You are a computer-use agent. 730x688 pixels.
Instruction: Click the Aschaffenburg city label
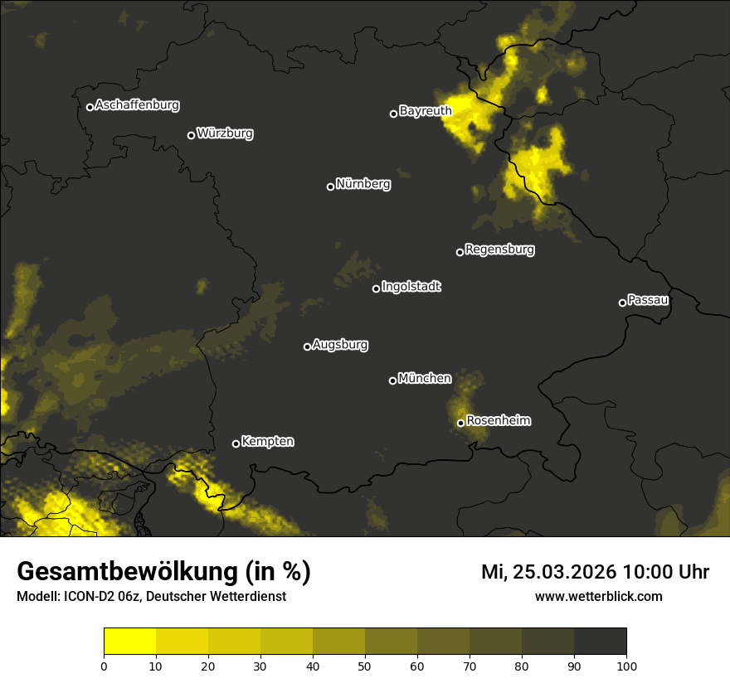pos(137,105)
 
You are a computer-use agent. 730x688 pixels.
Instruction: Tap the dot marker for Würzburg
pos(191,135)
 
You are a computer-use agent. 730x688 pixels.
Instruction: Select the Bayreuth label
pos(426,111)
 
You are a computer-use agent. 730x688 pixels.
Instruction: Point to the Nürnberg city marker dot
pos(330,187)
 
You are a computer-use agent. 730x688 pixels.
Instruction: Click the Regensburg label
pos(499,250)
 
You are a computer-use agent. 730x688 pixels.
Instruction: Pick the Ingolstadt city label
pos(411,287)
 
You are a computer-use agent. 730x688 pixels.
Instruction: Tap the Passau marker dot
pos(622,303)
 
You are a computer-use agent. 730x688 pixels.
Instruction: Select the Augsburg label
pos(340,345)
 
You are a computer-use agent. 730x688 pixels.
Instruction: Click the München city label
pos(425,379)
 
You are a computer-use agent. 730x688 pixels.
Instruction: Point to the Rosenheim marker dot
pos(460,424)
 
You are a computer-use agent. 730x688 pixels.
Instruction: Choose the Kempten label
pos(267,442)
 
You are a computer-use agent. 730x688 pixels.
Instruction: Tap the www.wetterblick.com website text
pos(598,596)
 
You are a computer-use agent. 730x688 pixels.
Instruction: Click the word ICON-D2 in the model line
pos(85,597)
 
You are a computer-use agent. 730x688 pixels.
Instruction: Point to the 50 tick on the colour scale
pos(365,665)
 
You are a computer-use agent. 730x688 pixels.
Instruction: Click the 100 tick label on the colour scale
pos(626,665)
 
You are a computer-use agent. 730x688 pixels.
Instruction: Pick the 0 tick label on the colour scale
pos(104,665)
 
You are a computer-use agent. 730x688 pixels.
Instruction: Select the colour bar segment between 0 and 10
pos(130,641)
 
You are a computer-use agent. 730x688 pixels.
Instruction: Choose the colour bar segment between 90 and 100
pos(600,641)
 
